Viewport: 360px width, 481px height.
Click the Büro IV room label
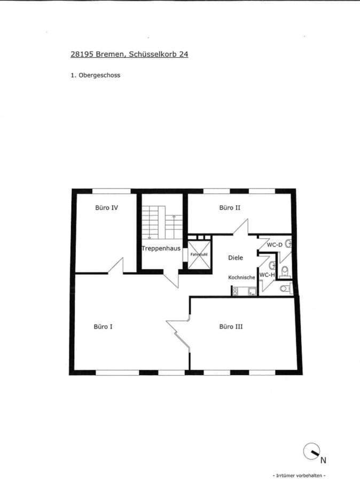tap(106, 208)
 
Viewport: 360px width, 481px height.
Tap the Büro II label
tap(230, 208)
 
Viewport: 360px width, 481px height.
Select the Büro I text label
tap(103, 327)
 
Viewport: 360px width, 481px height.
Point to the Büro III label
tap(231, 327)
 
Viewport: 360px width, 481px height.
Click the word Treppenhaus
tap(161, 249)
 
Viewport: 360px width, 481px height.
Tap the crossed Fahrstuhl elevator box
tap(199, 254)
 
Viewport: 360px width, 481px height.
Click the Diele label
tap(236, 258)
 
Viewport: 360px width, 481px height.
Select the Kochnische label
tap(241, 277)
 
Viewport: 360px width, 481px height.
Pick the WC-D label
tap(275, 245)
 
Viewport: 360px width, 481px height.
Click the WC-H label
tap(267, 275)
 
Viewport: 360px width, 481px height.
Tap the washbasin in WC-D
tap(288, 244)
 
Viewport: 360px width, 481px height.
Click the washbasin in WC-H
tap(272, 265)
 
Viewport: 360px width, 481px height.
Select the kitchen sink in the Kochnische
tap(252, 291)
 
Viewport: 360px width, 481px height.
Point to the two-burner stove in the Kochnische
tap(235, 291)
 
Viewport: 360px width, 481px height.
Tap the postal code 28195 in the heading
tap(82, 54)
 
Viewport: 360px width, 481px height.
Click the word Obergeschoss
tap(99, 75)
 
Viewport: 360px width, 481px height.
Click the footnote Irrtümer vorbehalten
tap(299, 476)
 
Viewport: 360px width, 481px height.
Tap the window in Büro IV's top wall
tap(112, 191)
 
